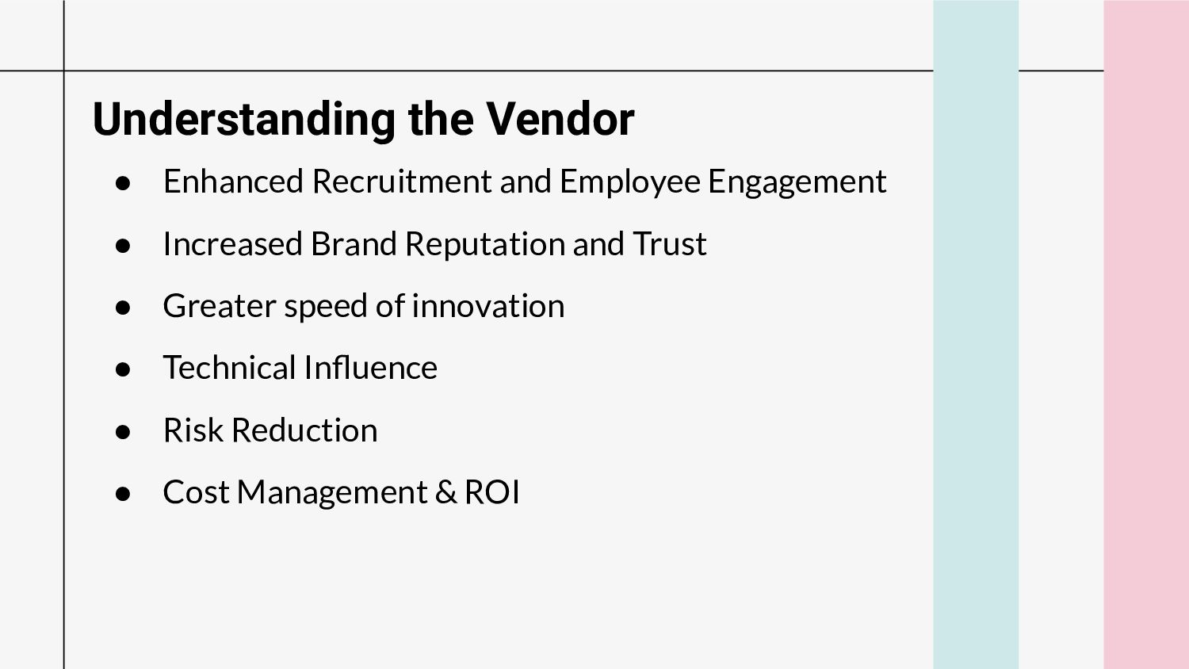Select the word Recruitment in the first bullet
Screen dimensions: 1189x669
coord(402,181)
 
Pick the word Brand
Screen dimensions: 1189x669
coord(354,243)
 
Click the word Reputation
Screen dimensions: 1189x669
coord(484,245)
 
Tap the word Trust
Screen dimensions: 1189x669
coord(670,243)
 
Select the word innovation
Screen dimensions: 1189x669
coord(487,306)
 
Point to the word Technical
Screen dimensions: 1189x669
coord(229,368)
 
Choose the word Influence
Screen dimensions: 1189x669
coord(370,368)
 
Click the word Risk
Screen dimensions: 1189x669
coord(193,430)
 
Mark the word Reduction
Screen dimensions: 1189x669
coord(304,430)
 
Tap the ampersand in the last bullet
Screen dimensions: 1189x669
coord(445,491)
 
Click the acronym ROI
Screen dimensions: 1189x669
coord(492,491)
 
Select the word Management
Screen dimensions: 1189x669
coord(332,493)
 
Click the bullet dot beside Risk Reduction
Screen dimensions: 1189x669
coord(123,432)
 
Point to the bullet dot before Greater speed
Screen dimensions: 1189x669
coord(123,308)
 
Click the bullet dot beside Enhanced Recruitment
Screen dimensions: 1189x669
coord(123,183)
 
